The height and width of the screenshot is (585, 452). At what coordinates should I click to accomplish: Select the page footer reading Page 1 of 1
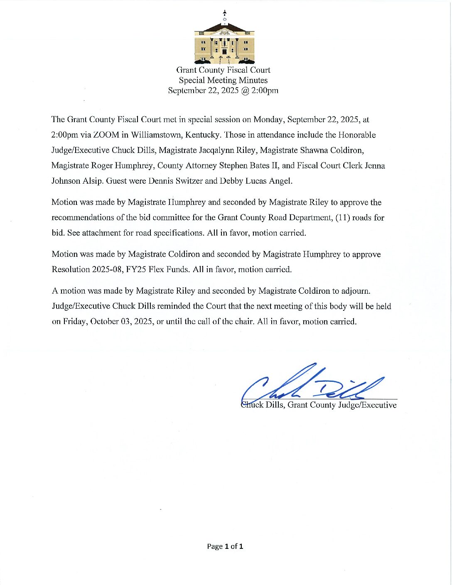[x=225, y=546]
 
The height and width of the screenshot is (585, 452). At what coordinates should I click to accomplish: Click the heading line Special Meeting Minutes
[x=223, y=80]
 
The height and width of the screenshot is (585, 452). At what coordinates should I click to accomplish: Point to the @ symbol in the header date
[x=246, y=91]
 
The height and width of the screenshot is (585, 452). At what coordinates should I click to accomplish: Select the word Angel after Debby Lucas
[x=280, y=181]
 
